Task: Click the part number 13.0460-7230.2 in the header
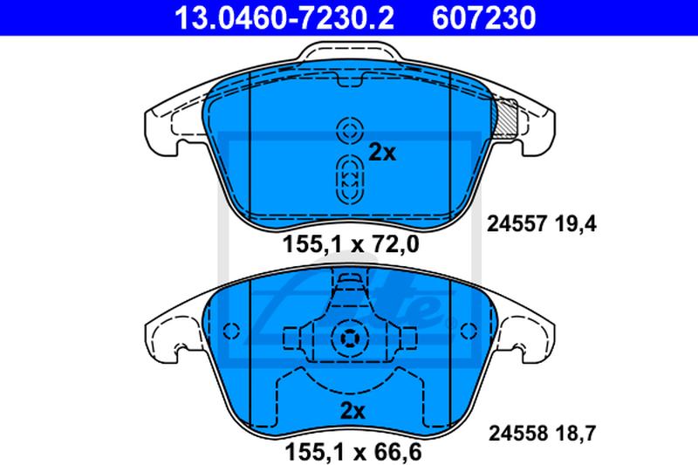pyautogui.click(x=284, y=17)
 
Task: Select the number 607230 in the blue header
pyautogui.click(x=484, y=17)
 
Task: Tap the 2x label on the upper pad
pyautogui.click(x=382, y=153)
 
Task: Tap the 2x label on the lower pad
pyautogui.click(x=352, y=410)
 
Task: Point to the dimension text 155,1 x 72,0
pyautogui.click(x=351, y=244)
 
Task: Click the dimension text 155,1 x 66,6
pyautogui.click(x=352, y=452)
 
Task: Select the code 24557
pyautogui.click(x=517, y=224)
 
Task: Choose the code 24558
pyautogui.click(x=518, y=433)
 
